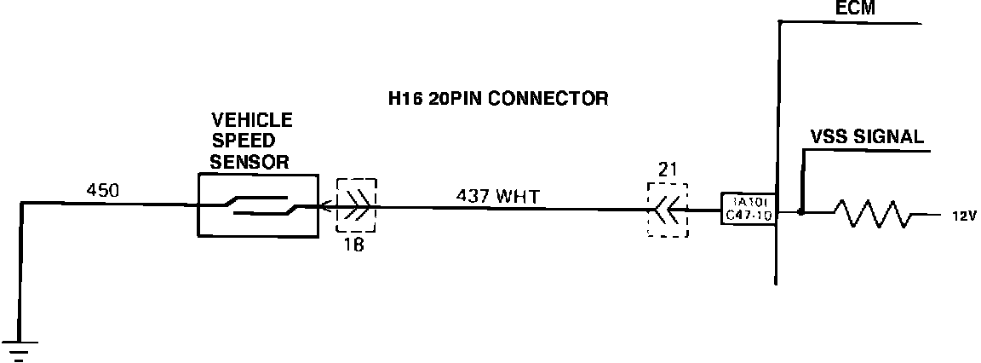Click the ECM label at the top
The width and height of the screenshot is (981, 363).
click(x=856, y=9)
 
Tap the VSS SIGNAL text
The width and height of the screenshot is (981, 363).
click(x=868, y=138)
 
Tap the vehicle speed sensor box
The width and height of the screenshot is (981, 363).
click(x=257, y=205)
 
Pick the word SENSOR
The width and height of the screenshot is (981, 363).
click(x=250, y=160)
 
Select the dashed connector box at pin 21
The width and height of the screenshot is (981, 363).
click(x=668, y=209)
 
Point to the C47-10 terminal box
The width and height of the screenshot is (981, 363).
click(x=748, y=210)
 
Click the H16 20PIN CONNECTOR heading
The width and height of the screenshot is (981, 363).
click(x=498, y=99)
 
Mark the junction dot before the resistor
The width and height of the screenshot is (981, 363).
click(x=800, y=210)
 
